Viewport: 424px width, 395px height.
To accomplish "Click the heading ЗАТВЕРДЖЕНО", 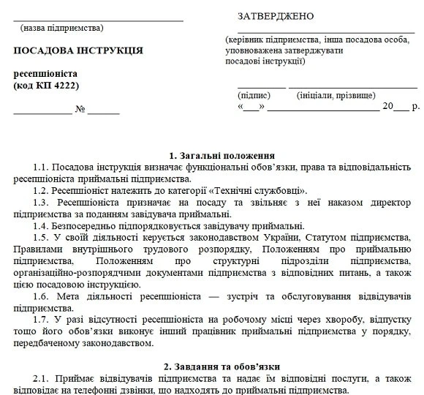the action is pyautogui.click(x=276, y=17).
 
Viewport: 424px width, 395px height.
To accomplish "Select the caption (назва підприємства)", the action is pyautogui.click(x=62, y=28).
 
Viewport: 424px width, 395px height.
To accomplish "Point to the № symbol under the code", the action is pyautogui.click(x=80, y=110).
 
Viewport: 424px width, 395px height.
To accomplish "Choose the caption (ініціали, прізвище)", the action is pyautogui.click(x=337, y=95).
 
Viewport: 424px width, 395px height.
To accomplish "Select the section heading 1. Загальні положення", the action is pyautogui.click(x=222, y=156).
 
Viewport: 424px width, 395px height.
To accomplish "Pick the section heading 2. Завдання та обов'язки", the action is pyautogui.click(x=222, y=365).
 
